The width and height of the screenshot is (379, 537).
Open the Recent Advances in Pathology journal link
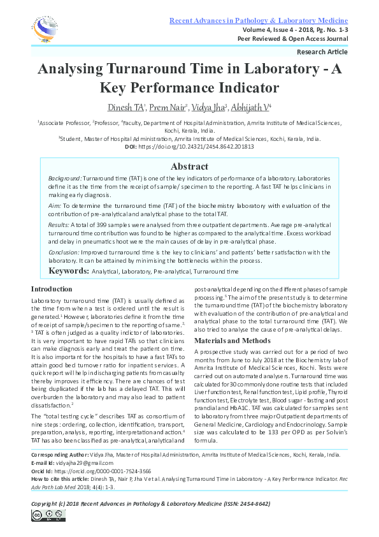pyautogui.click(x=258, y=21)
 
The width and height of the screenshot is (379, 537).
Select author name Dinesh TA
pyautogui.click(x=125, y=107)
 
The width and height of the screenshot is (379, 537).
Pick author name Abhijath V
pyautogui.click(x=251, y=107)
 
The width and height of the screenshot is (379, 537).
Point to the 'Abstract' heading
pyautogui.click(x=190, y=166)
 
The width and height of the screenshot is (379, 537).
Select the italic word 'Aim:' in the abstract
pyautogui.click(x=55, y=207)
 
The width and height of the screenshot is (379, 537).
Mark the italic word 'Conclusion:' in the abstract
pyautogui.click(x=64, y=252)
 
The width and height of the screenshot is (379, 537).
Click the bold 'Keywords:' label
pyautogui.click(x=69, y=271)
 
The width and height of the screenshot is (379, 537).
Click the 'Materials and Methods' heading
pyautogui.click(x=232, y=341)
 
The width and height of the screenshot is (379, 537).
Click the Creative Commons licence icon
pyautogui.click(x=45, y=516)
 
